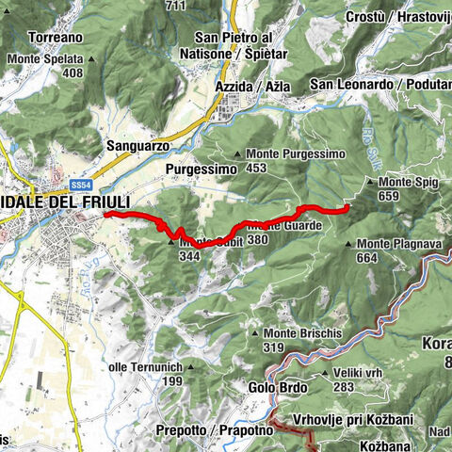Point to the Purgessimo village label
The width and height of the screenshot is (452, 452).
coord(198,169)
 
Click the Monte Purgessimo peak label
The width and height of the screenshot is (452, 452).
coord(291,153)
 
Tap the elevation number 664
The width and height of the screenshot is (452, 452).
coord(367,257)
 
